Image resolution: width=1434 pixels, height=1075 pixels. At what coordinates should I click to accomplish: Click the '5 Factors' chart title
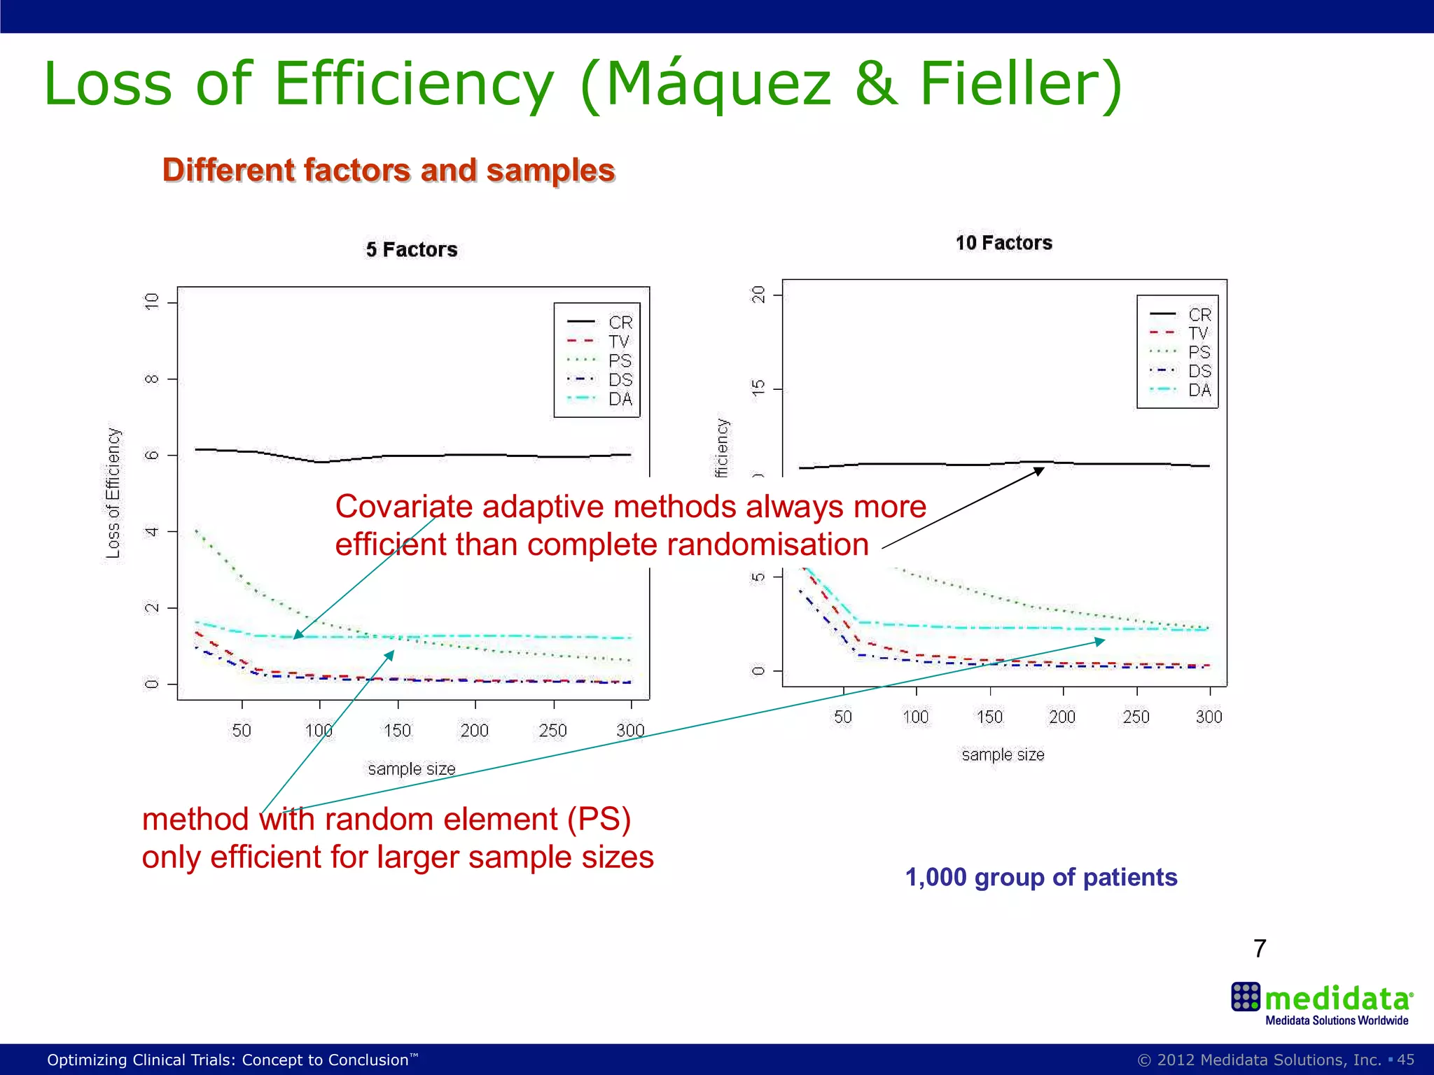click(411, 250)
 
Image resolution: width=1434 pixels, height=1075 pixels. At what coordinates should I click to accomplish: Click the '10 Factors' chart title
click(1003, 243)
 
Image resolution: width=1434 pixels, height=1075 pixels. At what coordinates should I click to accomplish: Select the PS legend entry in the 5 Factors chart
click(620, 360)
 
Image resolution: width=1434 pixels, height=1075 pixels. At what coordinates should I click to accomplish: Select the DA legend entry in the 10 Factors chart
click(1199, 390)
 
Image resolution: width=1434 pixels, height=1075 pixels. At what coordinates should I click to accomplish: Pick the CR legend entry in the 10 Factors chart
click(1199, 315)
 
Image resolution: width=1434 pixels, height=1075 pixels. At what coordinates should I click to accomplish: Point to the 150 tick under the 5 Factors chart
click(397, 731)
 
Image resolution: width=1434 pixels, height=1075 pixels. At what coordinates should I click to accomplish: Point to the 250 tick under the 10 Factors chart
click(1136, 717)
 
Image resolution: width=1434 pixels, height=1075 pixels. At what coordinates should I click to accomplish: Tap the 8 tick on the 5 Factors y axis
click(151, 379)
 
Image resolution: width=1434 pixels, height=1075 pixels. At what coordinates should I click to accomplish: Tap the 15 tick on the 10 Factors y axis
click(758, 388)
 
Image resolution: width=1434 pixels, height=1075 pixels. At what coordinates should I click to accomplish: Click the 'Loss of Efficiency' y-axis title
click(113, 493)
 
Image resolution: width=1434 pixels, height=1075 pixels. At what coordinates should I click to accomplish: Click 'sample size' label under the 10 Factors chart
click(1003, 754)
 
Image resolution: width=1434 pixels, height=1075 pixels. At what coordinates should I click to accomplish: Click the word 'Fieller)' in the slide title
click(1020, 84)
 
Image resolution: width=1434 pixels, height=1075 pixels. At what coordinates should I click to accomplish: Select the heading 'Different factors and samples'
click(389, 170)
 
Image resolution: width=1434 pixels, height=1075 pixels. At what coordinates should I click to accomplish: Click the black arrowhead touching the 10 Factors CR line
click(1039, 471)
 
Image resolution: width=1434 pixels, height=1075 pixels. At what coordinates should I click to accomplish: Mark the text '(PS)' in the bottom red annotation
click(599, 819)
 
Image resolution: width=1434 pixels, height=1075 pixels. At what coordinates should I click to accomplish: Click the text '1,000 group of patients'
click(1041, 877)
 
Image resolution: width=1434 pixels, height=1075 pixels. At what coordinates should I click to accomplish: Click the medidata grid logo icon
click(1246, 997)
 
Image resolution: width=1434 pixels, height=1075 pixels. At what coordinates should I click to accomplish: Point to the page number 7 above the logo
click(1260, 948)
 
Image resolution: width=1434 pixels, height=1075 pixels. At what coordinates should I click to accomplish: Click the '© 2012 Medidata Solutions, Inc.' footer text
click(1259, 1060)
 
